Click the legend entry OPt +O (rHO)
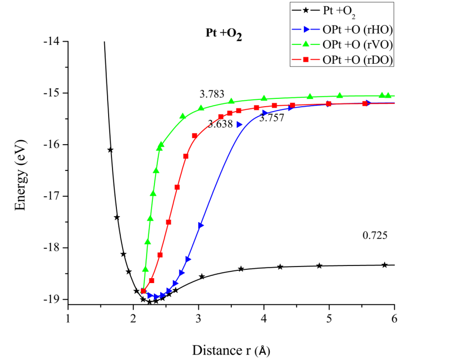click(x=357, y=29)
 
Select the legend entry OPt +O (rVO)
click(x=357, y=44)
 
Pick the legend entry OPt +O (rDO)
click(x=357, y=59)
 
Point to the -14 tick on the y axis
click(x=52, y=41)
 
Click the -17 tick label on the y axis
click(x=52, y=196)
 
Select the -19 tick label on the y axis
click(x=52, y=299)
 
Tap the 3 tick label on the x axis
click(x=199, y=319)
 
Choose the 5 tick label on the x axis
click(x=329, y=319)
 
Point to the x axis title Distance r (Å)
click(x=230, y=350)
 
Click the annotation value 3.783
click(x=212, y=94)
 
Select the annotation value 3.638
click(x=220, y=124)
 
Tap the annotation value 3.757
click(x=271, y=118)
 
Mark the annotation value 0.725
click(x=375, y=236)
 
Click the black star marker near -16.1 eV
click(x=110, y=150)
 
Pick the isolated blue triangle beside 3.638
click(x=239, y=125)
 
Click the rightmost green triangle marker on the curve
click(x=388, y=95)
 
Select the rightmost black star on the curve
click(x=385, y=265)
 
